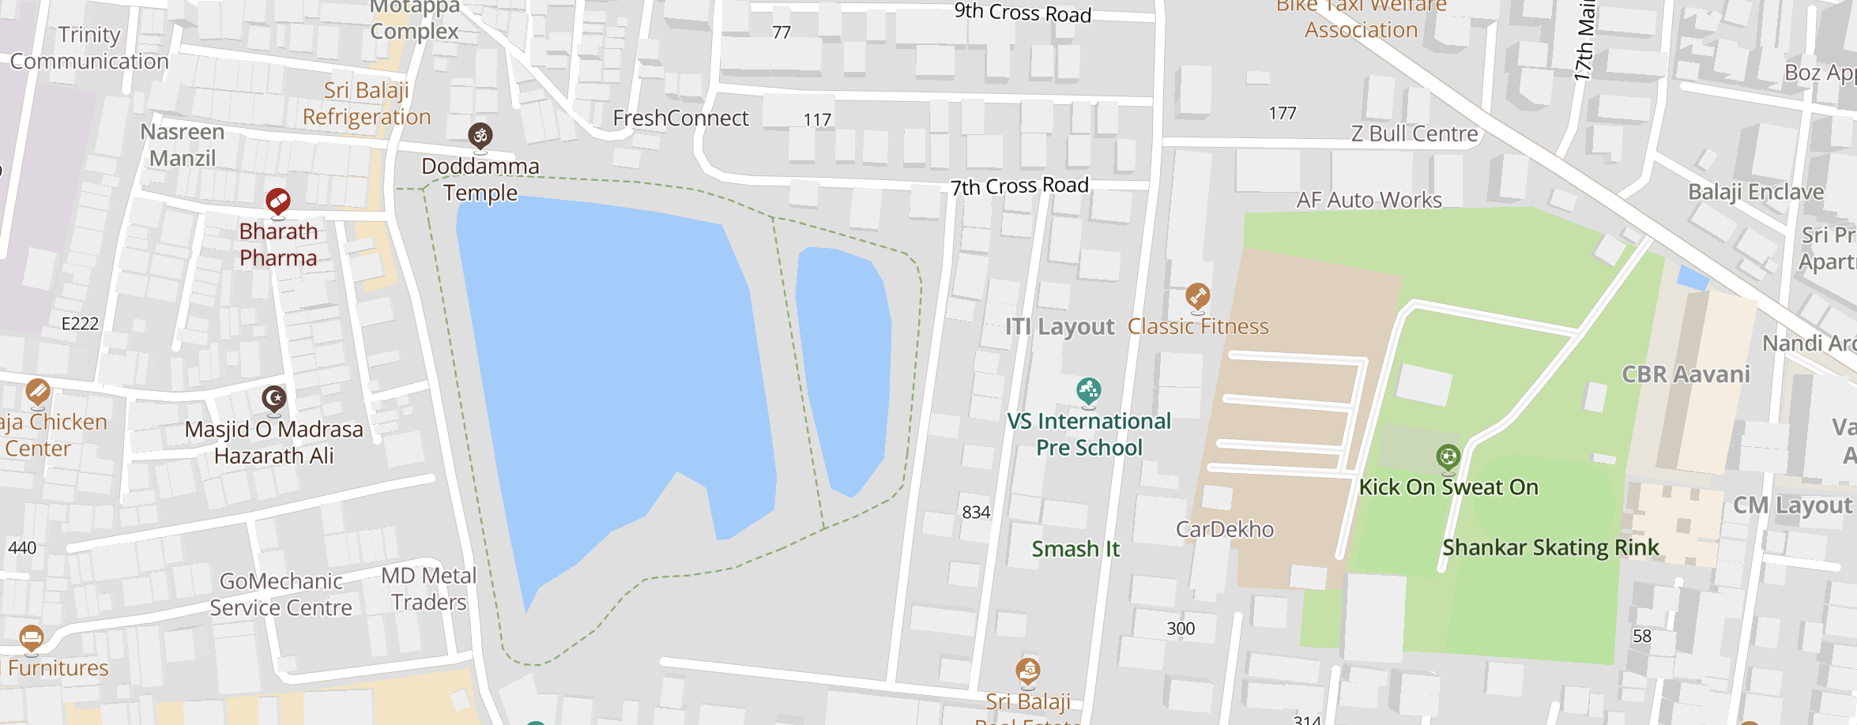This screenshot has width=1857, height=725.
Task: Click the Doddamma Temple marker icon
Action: (480, 136)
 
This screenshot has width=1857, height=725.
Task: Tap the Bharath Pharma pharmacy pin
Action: (277, 201)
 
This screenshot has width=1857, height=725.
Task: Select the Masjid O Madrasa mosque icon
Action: (274, 398)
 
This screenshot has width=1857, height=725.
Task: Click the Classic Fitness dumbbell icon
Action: (1197, 296)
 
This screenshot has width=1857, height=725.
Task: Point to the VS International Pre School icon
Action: (1088, 390)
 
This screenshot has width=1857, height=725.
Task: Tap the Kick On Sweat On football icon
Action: (1447, 456)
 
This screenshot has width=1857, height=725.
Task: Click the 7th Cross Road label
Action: (1019, 186)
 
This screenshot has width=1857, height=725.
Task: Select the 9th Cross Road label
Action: (1022, 13)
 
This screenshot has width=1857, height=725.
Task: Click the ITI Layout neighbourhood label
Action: (1059, 326)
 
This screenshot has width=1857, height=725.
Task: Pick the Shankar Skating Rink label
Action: (1550, 547)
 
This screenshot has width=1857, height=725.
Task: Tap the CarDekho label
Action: (1224, 529)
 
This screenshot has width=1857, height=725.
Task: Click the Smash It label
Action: (1075, 549)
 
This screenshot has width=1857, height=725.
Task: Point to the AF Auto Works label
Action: (1369, 200)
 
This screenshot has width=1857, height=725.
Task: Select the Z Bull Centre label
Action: (1414, 133)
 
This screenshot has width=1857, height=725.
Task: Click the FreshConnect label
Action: (680, 118)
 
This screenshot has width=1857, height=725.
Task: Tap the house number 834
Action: (976, 513)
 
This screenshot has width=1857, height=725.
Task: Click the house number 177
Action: (1282, 114)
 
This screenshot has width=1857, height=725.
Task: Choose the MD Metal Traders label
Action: (428, 589)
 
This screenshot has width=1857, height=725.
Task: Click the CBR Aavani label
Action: (1686, 374)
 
